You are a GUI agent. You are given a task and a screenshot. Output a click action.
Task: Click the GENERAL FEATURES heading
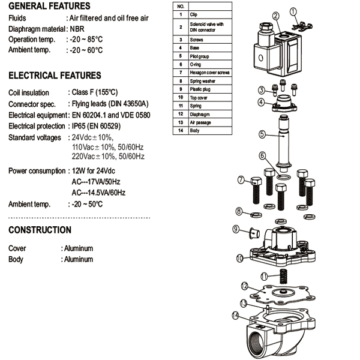click(44, 7)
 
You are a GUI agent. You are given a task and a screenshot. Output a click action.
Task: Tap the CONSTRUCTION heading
click(40, 230)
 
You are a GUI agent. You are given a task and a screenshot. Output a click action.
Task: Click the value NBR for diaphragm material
click(77, 28)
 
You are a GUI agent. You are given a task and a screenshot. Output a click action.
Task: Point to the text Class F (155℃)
click(94, 93)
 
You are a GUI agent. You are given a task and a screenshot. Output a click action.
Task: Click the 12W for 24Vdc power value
click(95, 171)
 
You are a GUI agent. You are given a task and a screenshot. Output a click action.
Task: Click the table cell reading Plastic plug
click(201, 89)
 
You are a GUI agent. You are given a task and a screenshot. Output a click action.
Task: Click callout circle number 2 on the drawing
click(275, 16)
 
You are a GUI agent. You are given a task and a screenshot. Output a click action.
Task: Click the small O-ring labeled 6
click(287, 177)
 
